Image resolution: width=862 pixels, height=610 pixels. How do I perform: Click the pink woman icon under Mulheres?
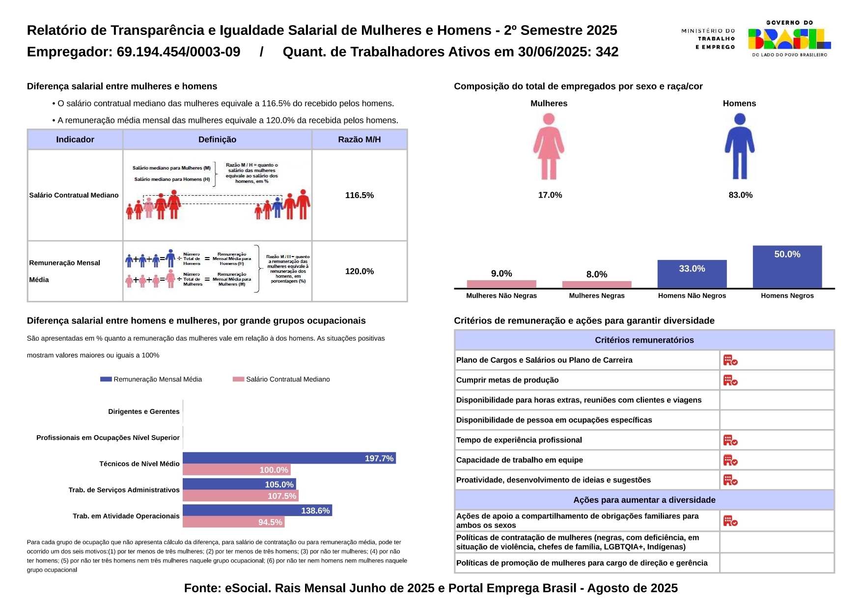[x=549, y=146]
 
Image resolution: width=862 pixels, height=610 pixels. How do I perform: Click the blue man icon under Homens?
[x=739, y=146]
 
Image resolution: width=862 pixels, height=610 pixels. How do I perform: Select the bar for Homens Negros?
[x=787, y=267]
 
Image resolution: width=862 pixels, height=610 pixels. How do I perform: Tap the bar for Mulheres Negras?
[x=596, y=285]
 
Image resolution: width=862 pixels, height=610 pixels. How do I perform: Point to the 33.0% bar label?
[x=692, y=269]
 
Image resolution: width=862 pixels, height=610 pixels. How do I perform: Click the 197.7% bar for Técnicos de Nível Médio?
[x=289, y=458]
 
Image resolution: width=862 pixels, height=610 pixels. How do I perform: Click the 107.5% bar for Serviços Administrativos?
[x=240, y=496]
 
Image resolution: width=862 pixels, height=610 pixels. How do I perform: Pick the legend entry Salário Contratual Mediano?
[x=281, y=379]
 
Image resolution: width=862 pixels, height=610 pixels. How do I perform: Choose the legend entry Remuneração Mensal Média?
[x=151, y=379]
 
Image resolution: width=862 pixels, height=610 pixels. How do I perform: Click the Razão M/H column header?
[x=359, y=140]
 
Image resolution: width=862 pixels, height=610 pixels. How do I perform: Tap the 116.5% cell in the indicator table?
[x=359, y=195]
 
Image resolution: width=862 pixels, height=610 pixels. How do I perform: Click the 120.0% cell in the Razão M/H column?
[x=359, y=271]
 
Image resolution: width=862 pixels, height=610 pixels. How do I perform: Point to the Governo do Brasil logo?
[x=789, y=39]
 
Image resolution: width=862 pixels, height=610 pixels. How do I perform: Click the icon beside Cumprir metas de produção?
[x=730, y=380]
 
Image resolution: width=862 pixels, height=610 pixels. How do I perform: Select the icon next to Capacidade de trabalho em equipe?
[x=730, y=460]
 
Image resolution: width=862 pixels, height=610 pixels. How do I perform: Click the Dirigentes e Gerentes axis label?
[x=143, y=412]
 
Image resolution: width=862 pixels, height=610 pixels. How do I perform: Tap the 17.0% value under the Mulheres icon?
[x=550, y=195]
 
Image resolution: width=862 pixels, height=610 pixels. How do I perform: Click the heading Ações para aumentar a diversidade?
[x=644, y=500]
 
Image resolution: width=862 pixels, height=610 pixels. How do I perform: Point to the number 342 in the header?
[x=607, y=52]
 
